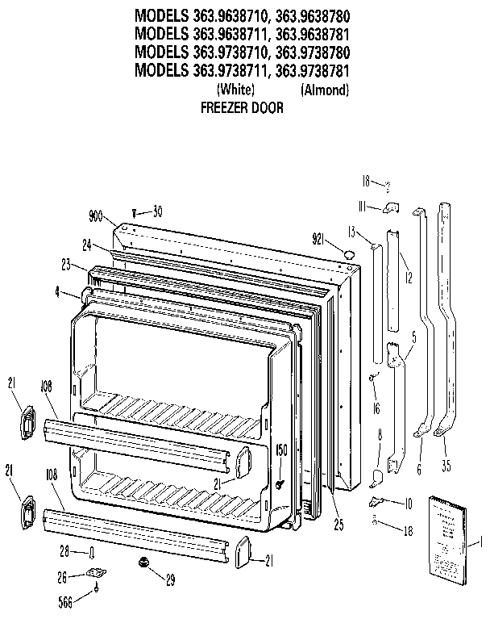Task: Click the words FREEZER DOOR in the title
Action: coord(241,107)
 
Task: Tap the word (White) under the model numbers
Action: coord(236,90)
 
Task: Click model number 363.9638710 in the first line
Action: coord(235,15)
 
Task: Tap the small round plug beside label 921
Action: coord(348,255)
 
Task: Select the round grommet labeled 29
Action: coord(145,560)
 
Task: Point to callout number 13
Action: coord(351,232)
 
